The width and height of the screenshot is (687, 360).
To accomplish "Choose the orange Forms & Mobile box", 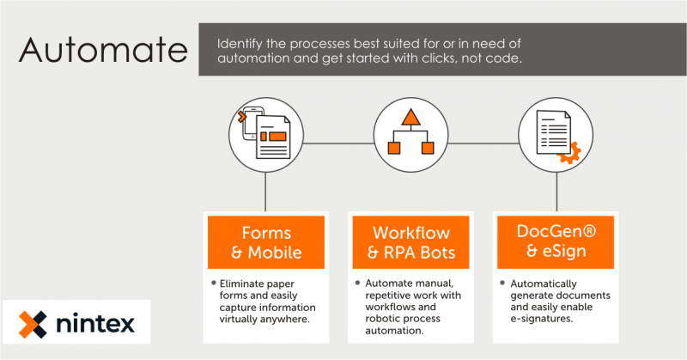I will [266, 242].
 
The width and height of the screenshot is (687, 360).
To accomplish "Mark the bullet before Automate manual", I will [356, 283].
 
